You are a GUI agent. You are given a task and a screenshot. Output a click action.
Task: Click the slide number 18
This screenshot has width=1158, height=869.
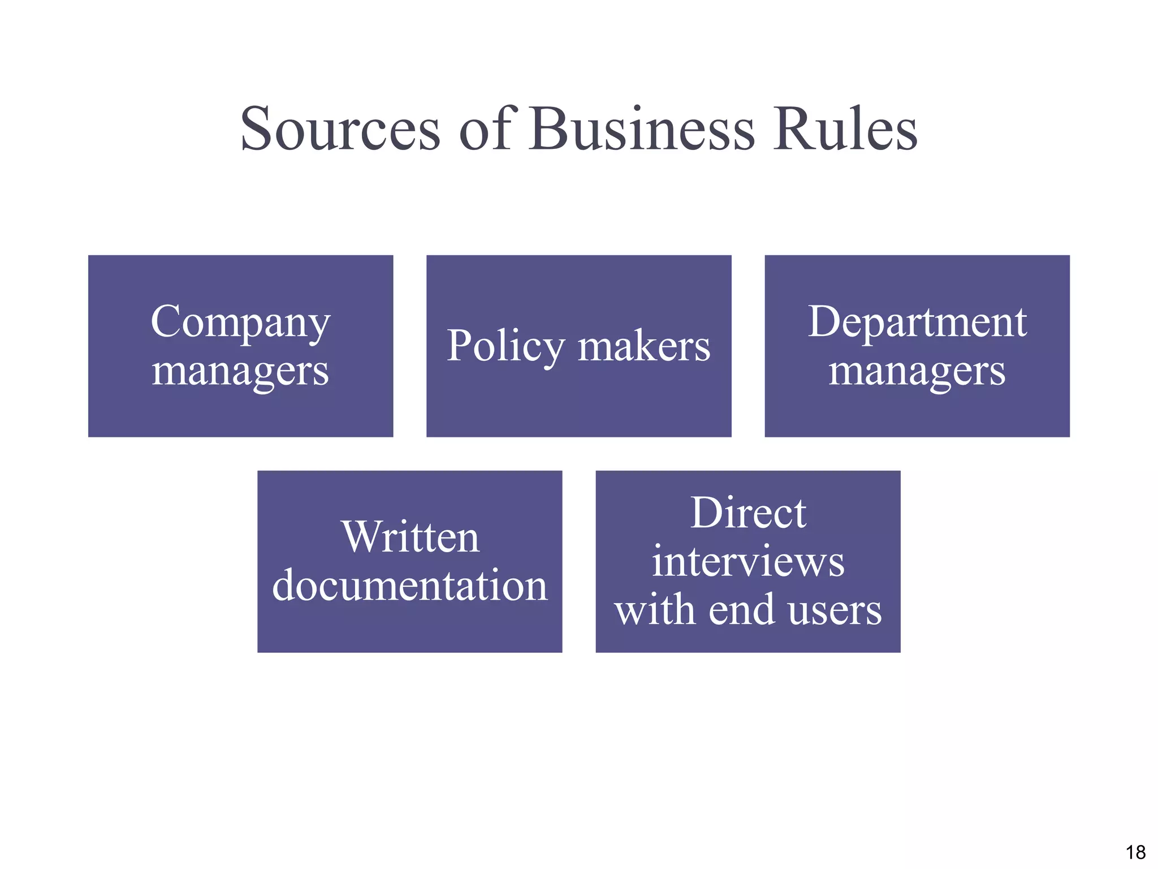(1135, 852)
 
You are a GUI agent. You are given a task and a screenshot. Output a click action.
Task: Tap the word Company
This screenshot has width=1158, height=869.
(240, 322)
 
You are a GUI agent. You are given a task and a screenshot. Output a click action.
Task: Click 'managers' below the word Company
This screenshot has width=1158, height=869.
(240, 372)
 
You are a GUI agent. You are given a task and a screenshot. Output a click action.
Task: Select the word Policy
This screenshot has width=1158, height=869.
(505, 346)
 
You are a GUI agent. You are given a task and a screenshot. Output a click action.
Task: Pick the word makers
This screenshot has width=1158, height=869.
(644, 346)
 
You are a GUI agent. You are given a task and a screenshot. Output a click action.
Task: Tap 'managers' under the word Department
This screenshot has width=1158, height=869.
(917, 372)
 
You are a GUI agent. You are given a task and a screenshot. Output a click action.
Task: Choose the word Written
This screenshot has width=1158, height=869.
(411, 537)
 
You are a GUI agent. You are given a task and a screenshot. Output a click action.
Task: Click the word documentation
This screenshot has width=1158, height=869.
(410, 585)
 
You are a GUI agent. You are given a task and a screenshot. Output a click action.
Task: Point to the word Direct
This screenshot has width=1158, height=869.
(748, 513)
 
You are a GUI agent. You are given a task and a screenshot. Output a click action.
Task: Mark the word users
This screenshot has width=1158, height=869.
(835, 611)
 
